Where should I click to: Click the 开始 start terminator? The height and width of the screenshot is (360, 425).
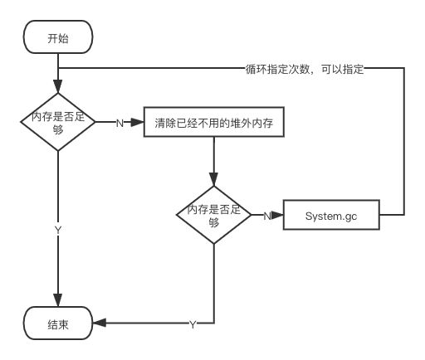pos(58,36)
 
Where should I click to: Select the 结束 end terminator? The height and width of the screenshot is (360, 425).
pos(58,323)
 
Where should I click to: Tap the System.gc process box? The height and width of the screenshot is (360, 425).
pos(331,215)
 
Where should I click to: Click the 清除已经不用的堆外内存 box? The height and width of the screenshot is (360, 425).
pos(214,122)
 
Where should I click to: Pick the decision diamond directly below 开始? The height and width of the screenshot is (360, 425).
pos(58,122)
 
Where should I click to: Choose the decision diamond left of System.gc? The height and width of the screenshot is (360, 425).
pos(214,215)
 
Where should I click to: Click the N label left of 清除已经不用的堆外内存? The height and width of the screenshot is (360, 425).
pos(120,123)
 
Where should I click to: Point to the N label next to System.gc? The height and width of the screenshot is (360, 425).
pos(266,216)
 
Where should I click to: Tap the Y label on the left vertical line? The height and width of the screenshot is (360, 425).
pos(58,230)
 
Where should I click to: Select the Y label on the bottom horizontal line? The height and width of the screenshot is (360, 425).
pos(193,324)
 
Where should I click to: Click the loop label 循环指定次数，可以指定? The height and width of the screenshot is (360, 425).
pos(305,69)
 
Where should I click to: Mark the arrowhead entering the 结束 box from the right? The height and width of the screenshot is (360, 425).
pos(99,323)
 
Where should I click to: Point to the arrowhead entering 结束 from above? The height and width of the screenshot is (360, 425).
pos(58,300)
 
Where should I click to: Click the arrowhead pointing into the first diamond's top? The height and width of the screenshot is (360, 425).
pos(58,86)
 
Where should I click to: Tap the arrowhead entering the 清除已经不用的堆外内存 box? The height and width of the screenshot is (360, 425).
pos(137,122)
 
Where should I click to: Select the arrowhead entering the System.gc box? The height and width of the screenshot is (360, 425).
pos(277,215)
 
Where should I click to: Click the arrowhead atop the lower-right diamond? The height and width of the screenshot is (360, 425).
pos(213,179)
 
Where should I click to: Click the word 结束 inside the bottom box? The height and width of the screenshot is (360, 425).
pos(58,324)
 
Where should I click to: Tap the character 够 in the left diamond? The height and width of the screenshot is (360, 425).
pos(58,129)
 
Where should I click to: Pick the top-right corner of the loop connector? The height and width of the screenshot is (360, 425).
pos(404,68)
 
